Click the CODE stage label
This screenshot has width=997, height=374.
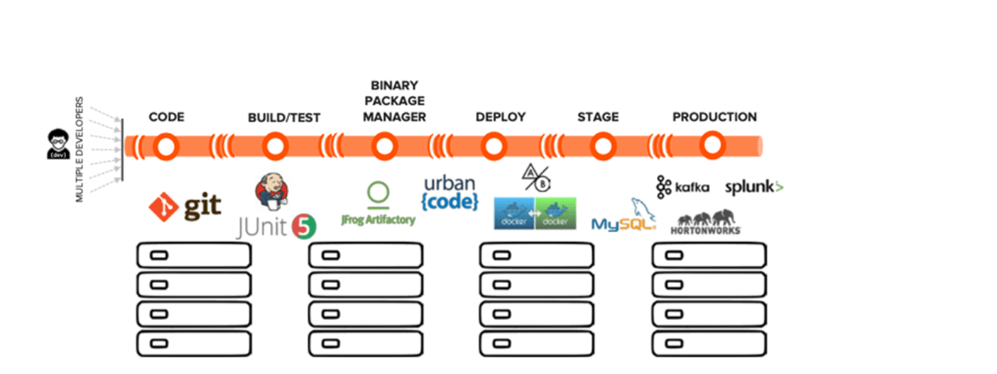point(166,117)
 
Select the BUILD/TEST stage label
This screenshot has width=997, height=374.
point(284,117)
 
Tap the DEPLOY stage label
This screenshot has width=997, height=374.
point(501,117)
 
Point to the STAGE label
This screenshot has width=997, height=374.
point(598,117)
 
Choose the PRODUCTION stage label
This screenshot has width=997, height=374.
point(714,117)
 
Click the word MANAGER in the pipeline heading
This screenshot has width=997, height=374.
point(395,117)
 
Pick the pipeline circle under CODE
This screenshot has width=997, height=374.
point(165,146)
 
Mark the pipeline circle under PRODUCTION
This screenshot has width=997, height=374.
point(712,146)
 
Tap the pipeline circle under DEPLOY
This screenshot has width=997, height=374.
point(493,146)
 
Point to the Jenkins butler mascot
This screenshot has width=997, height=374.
point(271,190)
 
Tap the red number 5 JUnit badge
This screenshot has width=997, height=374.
point(303,226)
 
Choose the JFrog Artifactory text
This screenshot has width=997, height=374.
point(378,219)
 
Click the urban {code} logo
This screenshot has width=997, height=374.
point(450,193)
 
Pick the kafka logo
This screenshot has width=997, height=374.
point(682,187)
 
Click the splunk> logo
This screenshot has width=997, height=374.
point(754,187)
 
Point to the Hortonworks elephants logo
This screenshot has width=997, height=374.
point(706,221)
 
